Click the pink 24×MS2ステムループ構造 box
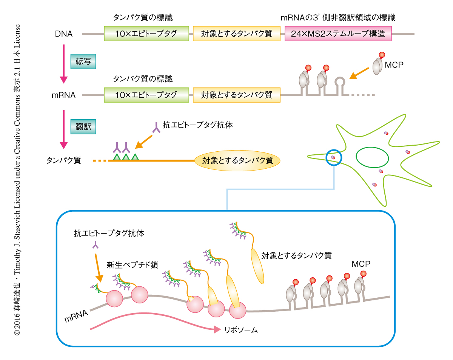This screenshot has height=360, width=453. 338,34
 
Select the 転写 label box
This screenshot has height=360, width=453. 83,61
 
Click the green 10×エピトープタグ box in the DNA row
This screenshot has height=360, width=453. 146,34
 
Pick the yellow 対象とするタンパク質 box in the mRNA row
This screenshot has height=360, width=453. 237,95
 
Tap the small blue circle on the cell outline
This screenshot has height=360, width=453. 334,157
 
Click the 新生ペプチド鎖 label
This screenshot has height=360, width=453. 132,265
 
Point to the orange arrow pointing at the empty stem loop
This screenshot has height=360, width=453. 357,73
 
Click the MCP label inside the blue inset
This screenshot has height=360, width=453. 361,263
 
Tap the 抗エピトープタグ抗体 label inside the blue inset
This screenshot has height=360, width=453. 108,233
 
